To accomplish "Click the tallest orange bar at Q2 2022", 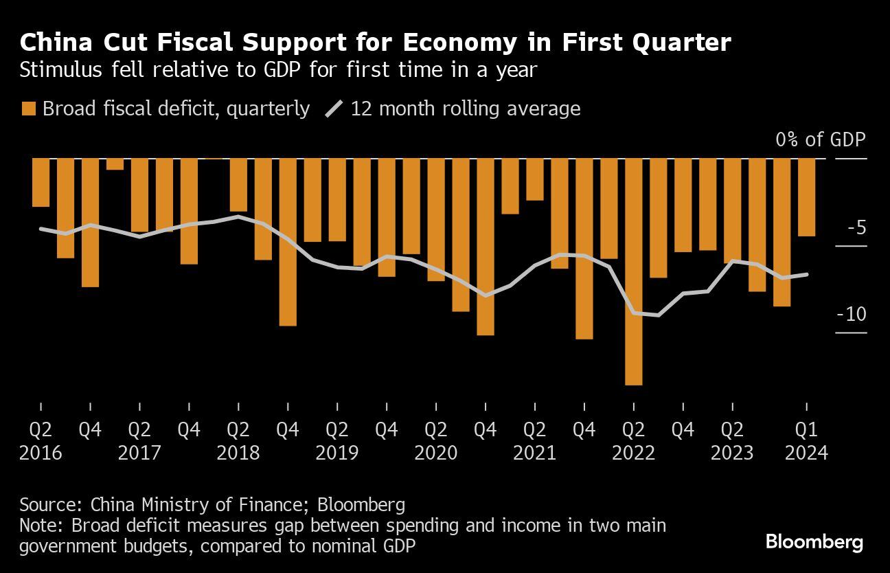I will (633, 271).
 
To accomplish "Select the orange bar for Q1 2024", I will (806, 197).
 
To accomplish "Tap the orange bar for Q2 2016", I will (41, 182).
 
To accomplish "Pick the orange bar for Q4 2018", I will (288, 242).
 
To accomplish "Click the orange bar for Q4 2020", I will (486, 247).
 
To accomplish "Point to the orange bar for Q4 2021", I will (584, 249).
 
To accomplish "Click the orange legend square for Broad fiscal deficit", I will (29, 109).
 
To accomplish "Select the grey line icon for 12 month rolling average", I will (334, 109).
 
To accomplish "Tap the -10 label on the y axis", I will (852, 315).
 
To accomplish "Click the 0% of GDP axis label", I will (821, 139).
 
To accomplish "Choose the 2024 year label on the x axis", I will (806, 453).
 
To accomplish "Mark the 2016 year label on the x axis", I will (41, 453).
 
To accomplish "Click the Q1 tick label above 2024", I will (806, 430).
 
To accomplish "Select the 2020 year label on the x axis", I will (436, 453).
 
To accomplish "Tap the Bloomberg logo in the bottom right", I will (814, 542).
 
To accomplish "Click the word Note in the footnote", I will (38, 526).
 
